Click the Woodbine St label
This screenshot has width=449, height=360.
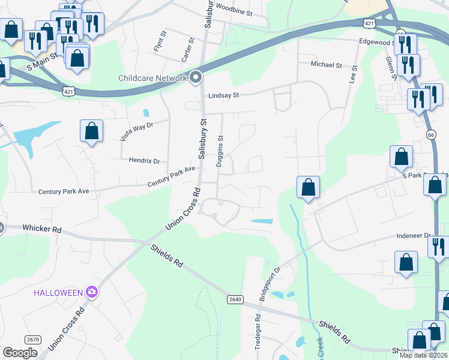click(x=235, y=10)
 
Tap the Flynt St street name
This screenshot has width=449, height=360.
click(x=158, y=43)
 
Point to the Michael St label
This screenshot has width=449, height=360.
click(x=326, y=65)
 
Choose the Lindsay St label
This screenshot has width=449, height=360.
click(x=224, y=95)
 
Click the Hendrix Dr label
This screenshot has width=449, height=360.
click(x=144, y=161)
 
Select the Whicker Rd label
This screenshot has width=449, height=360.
click(x=42, y=229)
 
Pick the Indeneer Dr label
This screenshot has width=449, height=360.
click(x=414, y=236)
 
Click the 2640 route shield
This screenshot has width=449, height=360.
click(x=235, y=299)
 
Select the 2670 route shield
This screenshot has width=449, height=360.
click(x=34, y=340)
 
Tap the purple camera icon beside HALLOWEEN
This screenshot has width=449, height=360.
click(x=92, y=292)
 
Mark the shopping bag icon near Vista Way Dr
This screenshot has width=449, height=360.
click(x=91, y=131)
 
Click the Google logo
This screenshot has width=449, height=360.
click(x=20, y=353)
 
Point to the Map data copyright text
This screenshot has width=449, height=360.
click(x=423, y=355)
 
